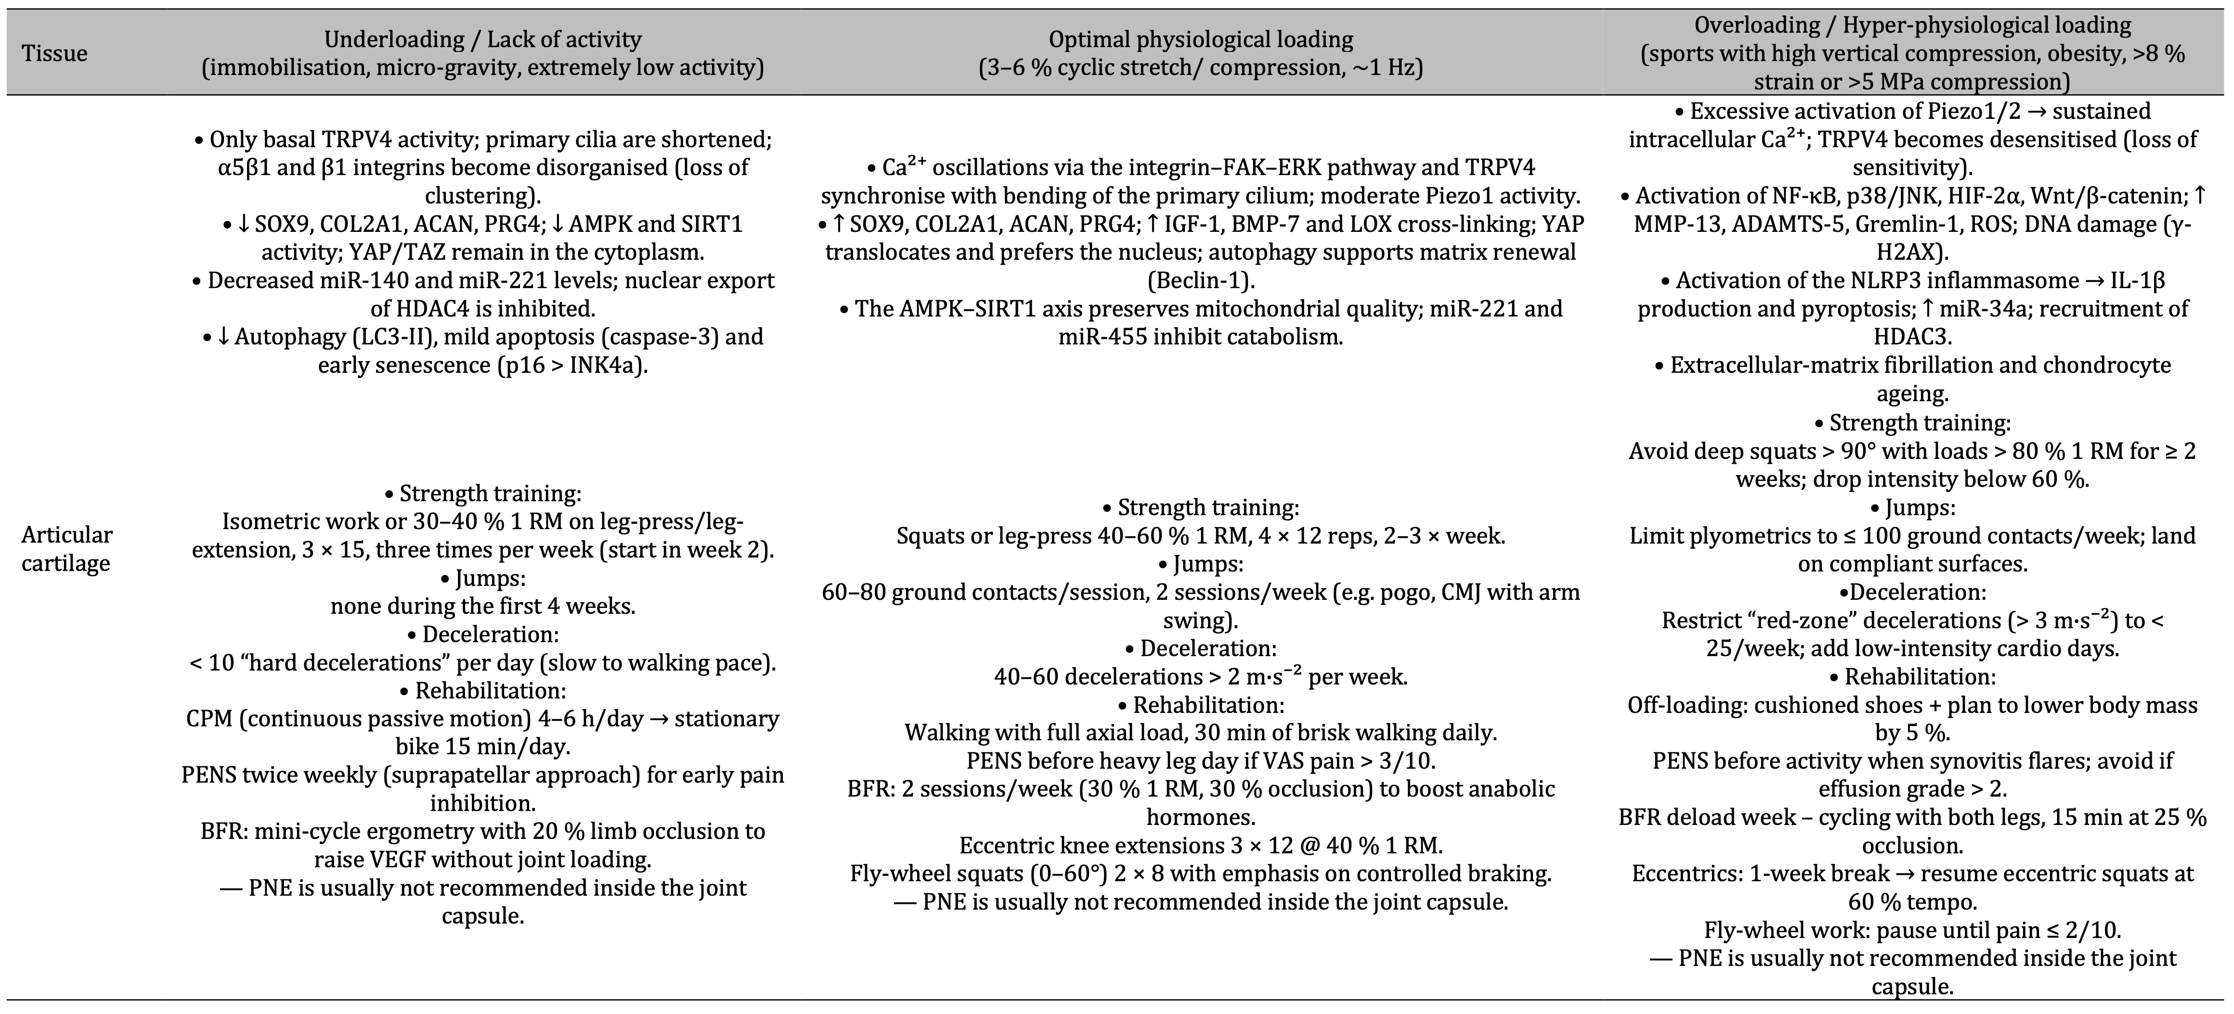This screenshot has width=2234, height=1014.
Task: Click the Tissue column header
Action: (54, 54)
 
